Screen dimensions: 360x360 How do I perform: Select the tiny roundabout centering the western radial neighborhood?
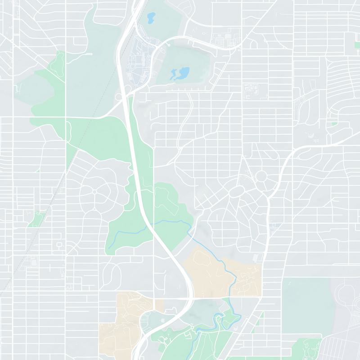pyautogui.click(x=95, y=192)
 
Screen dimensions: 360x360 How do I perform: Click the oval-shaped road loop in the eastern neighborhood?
pyautogui.click(x=236, y=193)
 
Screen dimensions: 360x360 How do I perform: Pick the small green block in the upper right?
pyautogui.click(x=334, y=122)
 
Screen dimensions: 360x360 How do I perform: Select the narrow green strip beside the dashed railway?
pyautogui.click(x=34, y=219)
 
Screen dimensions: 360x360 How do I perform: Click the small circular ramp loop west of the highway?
pyautogui.click(x=119, y=96)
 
